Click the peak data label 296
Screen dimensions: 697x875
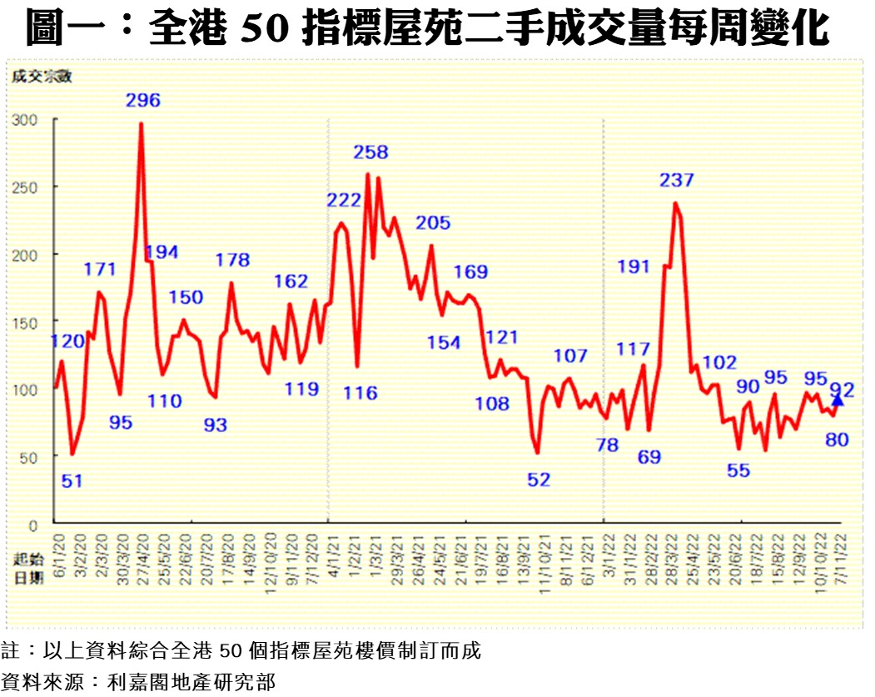point(143,101)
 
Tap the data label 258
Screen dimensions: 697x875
point(370,152)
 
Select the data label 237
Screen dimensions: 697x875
point(677,180)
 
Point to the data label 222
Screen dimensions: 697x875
point(344,201)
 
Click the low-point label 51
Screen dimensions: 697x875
point(72,481)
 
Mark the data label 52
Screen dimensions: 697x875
point(539,480)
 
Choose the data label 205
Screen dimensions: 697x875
point(433,223)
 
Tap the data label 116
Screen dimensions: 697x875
point(360,393)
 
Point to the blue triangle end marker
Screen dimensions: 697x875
point(838,401)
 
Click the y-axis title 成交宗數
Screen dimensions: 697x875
point(42,77)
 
